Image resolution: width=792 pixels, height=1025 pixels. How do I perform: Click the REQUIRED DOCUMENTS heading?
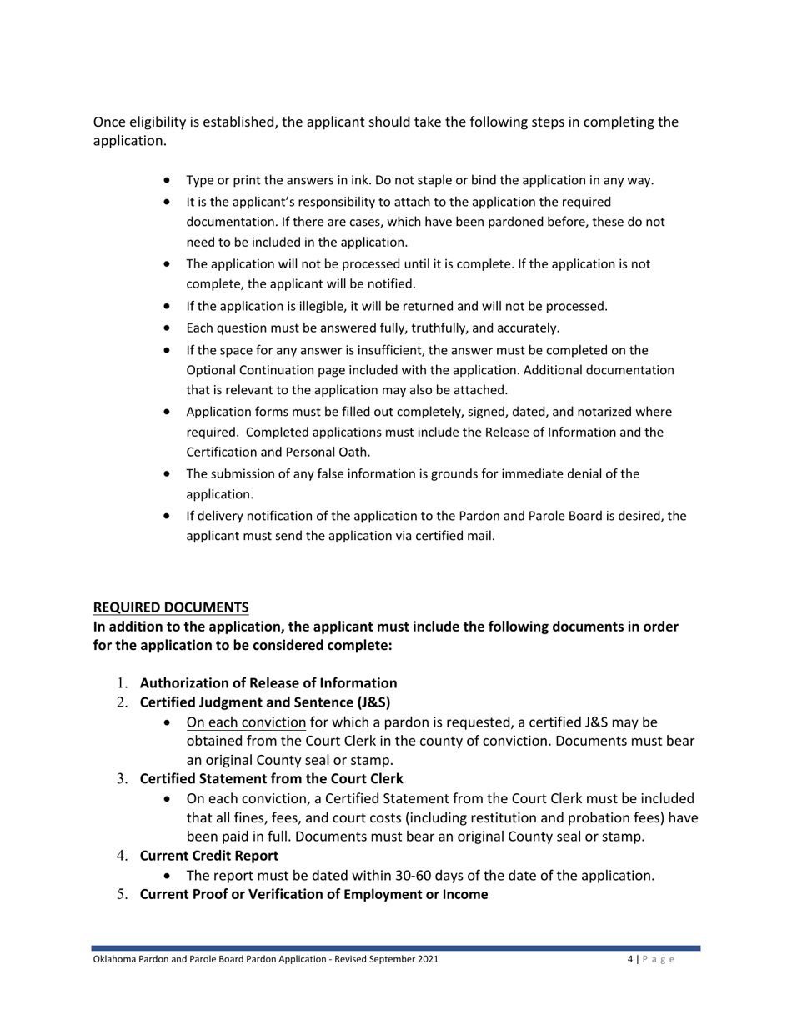[x=170, y=606]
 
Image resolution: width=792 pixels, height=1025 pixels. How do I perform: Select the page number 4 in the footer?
[x=629, y=960]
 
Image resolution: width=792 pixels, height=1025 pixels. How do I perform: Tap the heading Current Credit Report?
[x=209, y=855]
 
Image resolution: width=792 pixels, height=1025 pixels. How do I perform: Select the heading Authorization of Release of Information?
[x=268, y=682]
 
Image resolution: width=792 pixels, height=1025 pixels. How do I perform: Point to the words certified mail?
[x=459, y=536]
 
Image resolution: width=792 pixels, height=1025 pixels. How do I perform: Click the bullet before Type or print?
[x=170, y=180]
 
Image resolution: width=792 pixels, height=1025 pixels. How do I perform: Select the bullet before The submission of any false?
[x=170, y=474]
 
